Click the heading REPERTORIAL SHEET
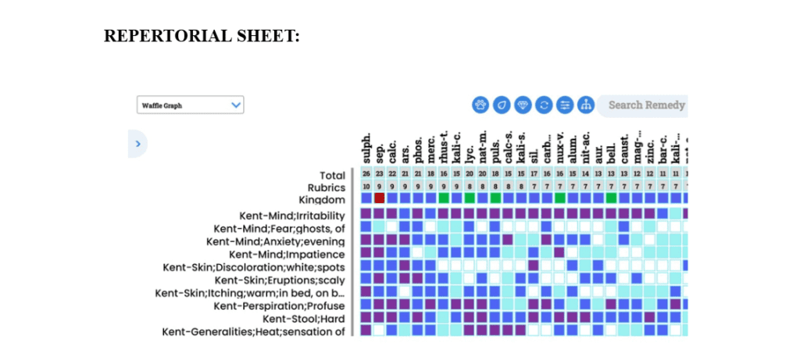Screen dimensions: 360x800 point(202,36)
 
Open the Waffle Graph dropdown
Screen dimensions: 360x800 point(190,105)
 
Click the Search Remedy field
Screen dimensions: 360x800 point(645,105)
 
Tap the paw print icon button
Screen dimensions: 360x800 point(480,105)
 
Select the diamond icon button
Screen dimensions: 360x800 point(523,105)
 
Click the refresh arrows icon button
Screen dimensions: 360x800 point(544,105)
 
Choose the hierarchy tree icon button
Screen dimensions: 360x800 point(586,105)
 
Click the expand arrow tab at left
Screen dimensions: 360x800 point(137,144)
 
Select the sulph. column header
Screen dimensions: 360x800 point(366,148)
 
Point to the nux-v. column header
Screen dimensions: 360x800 point(560,148)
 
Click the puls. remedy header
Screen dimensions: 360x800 point(495,148)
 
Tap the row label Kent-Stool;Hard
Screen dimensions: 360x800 point(303,319)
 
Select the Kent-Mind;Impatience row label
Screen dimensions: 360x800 point(287,255)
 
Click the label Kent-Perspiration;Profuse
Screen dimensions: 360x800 point(279,306)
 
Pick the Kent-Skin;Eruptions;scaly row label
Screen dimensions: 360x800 point(280,280)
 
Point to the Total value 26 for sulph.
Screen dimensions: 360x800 point(366,174)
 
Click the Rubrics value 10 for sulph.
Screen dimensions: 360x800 point(366,187)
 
